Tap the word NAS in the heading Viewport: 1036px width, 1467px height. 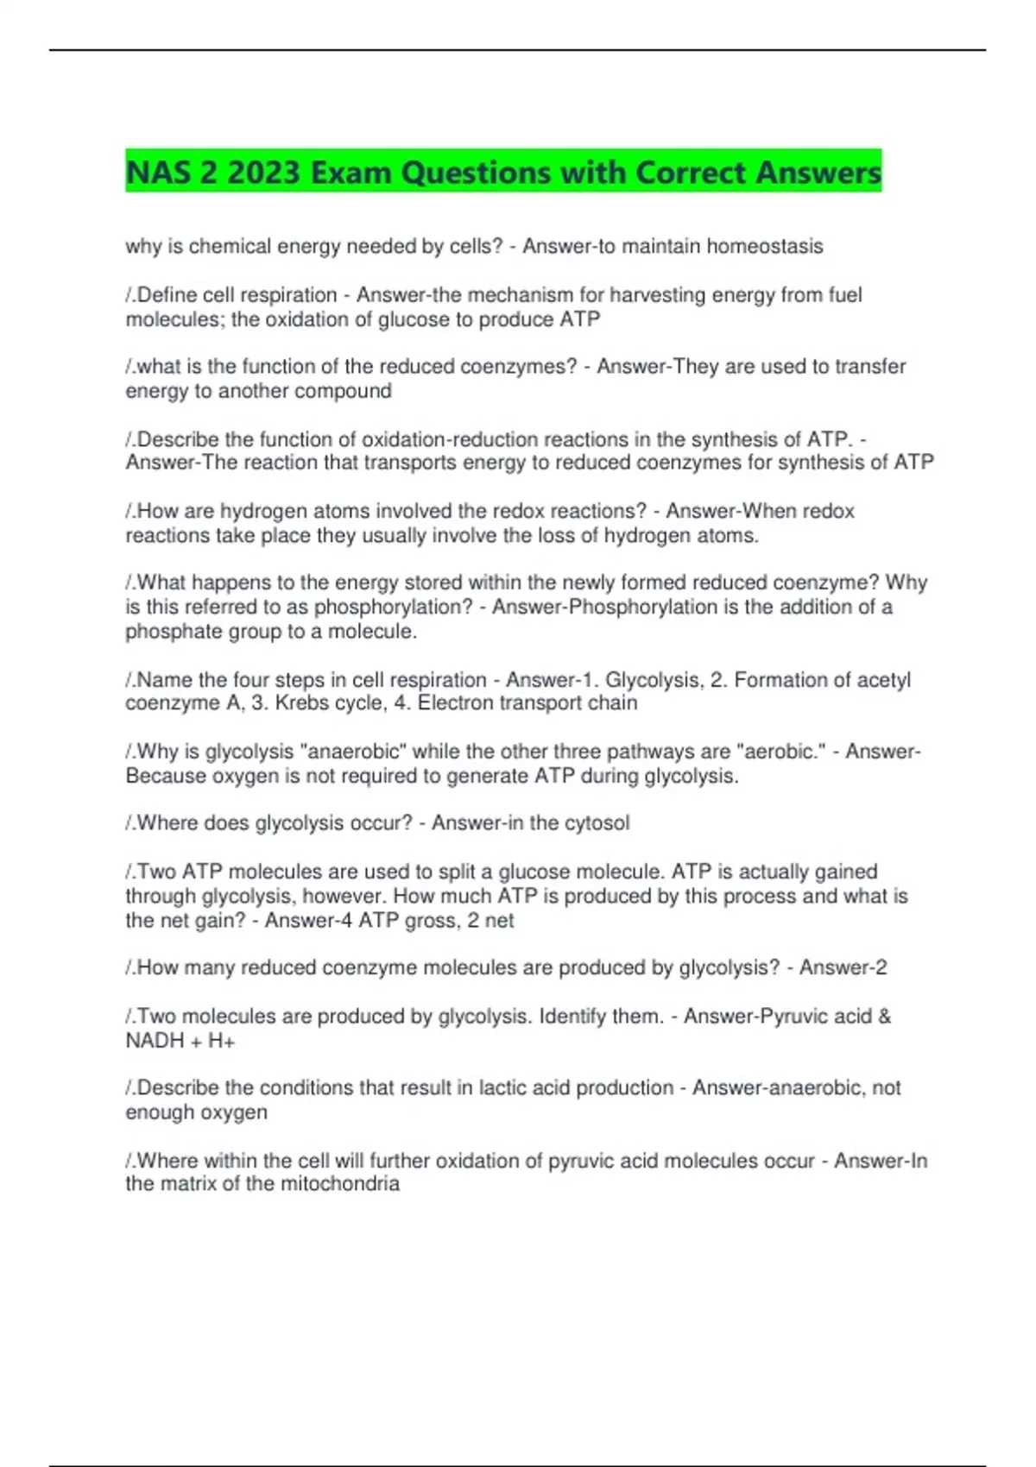[158, 173]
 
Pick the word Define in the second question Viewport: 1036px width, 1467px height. [167, 295]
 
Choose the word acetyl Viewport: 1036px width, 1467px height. [883, 680]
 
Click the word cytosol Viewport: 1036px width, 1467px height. [597, 823]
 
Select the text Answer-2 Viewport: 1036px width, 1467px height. [843, 968]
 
